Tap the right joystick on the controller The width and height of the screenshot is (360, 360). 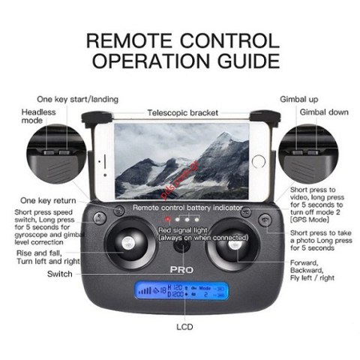point(234,244)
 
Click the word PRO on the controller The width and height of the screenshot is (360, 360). point(180,266)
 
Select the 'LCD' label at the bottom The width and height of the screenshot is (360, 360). point(180,327)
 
